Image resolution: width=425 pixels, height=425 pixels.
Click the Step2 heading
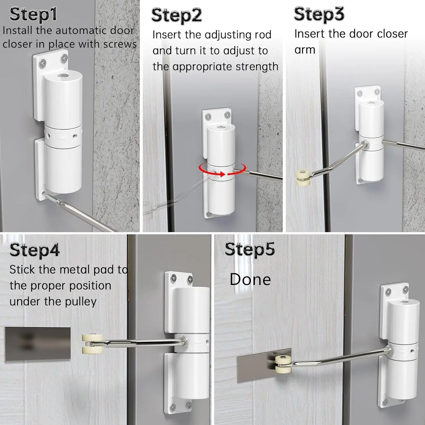(x=176, y=15)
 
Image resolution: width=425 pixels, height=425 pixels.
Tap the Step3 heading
(x=319, y=14)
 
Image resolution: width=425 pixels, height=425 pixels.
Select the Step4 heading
(x=34, y=250)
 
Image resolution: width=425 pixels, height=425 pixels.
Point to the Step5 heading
(x=250, y=249)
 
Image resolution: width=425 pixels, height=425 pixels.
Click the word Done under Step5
(x=250, y=279)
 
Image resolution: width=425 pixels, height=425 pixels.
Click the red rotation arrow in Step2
(x=222, y=171)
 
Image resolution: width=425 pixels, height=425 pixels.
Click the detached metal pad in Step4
(x=37, y=344)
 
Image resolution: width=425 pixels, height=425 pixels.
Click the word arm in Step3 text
(x=305, y=50)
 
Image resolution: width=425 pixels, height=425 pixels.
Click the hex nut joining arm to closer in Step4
(x=185, y=342)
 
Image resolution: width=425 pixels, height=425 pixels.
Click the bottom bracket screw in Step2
(x=208, y=214)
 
